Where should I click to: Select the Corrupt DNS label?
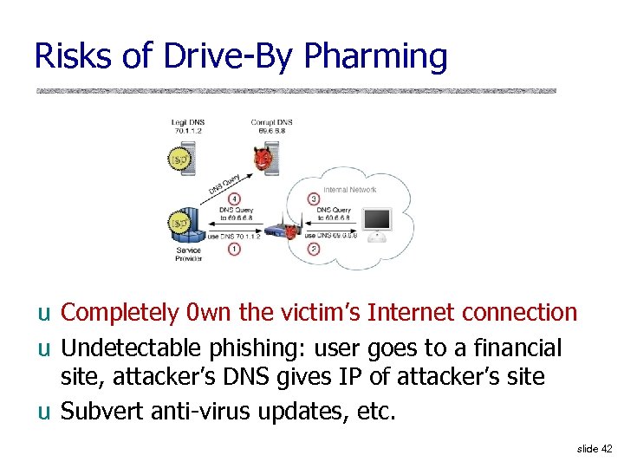pyautogui.click(x=271, y=127)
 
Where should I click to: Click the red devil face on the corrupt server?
pyautogui.click(x=263, y=159)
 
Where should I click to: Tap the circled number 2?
pyautogui.click(x=314, y=250)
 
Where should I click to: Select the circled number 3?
pyautogui.click(x=314, y=200)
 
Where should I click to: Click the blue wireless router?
pyautogui.click(x=278, y=231)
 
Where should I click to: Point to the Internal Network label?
pyautogui.click(x=349, y=189)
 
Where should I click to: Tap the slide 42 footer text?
pyautogui.click(x=594, y=448)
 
